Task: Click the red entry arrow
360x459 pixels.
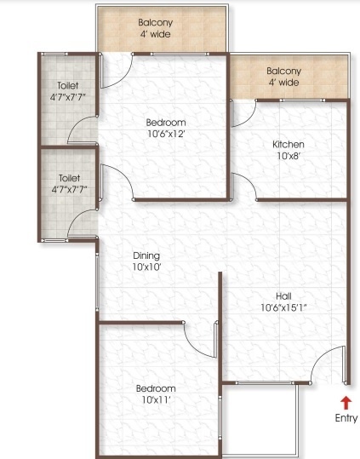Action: point(345,402)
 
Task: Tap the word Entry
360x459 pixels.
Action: point(345,417)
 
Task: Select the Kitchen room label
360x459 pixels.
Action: point(289,145)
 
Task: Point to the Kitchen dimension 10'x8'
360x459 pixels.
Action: point(289,157)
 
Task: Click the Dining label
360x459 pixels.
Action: point(146,255)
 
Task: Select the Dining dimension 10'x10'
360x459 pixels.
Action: point(146,267)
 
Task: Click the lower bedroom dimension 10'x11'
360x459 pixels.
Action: point(156,399)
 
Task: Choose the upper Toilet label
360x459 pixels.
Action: point(68,86)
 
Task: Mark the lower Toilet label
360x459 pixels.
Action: point(68,179)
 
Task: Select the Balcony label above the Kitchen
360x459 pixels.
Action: point(283,72)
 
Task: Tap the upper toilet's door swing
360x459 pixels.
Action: point(84,129)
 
